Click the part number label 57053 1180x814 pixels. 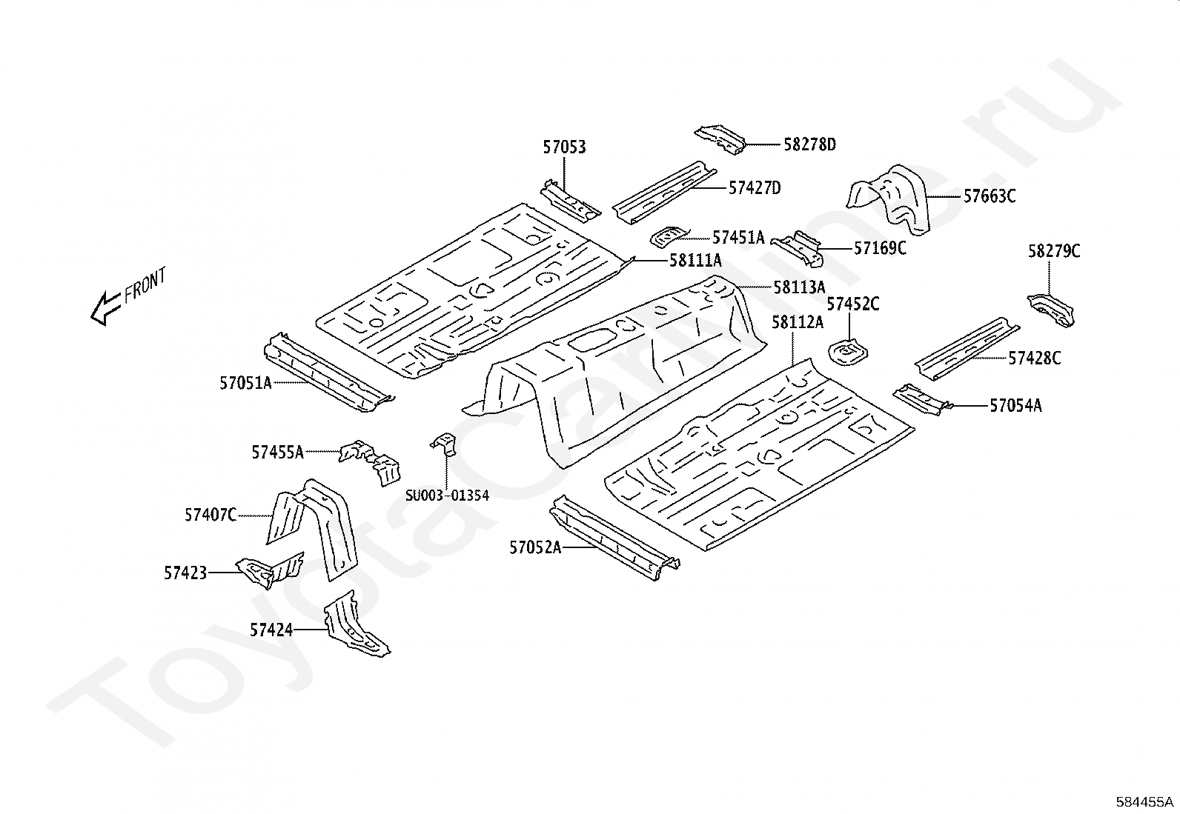[x=564, y=147]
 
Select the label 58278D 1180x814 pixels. [x=809, y=144]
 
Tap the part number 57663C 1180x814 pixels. [x=990, y=196]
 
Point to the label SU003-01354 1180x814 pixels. [x=447, y=496]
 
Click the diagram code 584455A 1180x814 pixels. [x=1144, y=802]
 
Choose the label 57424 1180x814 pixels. [x=271, y=630]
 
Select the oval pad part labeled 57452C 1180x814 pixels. [x=848, y=353]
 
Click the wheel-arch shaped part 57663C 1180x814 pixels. [x=889, y=199]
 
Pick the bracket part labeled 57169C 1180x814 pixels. [x=798, y=248]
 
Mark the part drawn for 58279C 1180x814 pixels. [x=1050, y=310]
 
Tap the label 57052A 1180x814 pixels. [x=535, y=548]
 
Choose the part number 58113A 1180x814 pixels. [x=799, y=287]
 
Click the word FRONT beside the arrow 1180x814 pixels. [x=145, y=285]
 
